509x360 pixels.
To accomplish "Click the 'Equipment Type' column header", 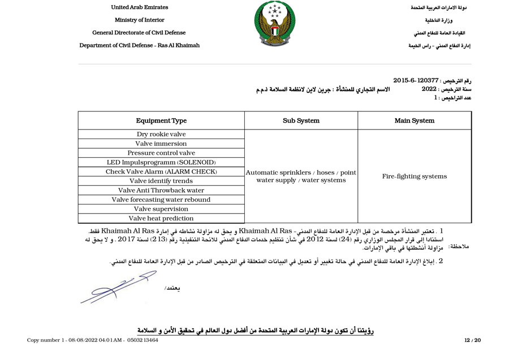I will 161,120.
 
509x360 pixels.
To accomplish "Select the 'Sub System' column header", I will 301,120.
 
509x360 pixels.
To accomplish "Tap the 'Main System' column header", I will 415,120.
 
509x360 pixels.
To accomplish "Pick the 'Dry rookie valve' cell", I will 161,135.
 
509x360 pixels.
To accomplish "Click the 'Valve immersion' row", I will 161,144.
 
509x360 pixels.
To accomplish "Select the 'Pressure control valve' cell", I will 161,153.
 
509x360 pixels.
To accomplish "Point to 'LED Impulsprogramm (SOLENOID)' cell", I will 161,162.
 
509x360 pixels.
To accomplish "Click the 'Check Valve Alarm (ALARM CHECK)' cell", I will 161,172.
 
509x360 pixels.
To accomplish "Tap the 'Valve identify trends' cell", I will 161,181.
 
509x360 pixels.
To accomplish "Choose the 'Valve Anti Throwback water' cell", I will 161,190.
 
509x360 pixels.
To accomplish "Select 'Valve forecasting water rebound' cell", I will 161,199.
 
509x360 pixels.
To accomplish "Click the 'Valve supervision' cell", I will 161,209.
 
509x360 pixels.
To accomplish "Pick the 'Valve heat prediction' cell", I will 161,218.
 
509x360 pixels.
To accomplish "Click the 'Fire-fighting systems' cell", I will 415,176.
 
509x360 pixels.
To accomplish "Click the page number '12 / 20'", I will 472,340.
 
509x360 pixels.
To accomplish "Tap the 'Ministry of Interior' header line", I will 140,20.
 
